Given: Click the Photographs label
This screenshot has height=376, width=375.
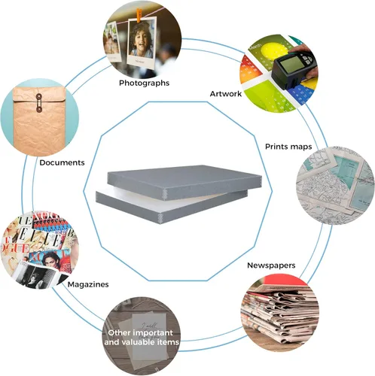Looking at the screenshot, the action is pyautogui.click(x=144, y=83).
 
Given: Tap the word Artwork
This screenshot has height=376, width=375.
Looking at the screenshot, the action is pyautogui.click(x=226, y=94).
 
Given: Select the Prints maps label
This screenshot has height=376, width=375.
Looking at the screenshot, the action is pyautogui.click(x=288, y=147).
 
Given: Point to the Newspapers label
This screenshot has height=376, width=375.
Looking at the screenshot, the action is pyautogui.click(x=271, y=265).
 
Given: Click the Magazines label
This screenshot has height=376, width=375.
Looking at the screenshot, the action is pyautogui.click(x=88, y=284).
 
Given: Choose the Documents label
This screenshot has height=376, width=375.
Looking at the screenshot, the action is pyautogui.click(x=62, y=162).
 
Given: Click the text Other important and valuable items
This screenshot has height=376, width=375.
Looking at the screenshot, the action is pyautogui.click(x=142, y=338).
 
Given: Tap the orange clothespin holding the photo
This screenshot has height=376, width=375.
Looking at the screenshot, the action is pyautogui.click(x=139, y=16).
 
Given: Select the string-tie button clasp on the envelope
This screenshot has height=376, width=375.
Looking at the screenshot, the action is pyautogui.click(x=39, y=102).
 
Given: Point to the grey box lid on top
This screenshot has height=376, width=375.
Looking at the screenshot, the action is pyautogui.click(x=184, y=181).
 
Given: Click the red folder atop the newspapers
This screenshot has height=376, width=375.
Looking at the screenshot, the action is pyautogui.click(x=284, y=280).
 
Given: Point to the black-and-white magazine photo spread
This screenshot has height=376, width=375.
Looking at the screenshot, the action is pyautogui.click(x=35, y=276).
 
